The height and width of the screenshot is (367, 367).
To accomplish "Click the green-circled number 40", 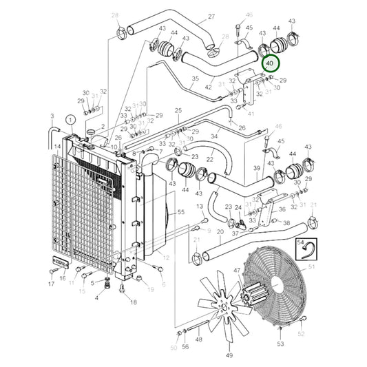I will [x=270, y=64].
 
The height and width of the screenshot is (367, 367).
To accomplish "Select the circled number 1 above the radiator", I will [x=70, y=119].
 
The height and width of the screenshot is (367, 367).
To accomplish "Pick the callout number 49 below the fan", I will [x=230, y=355].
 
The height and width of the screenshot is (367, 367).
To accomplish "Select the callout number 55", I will [x=180, y=213].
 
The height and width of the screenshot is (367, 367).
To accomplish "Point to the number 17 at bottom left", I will [x=51, y=284].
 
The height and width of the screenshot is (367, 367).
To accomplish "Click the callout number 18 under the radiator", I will [x=134, y=302].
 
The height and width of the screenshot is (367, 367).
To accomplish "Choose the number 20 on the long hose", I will [x=219, y=233].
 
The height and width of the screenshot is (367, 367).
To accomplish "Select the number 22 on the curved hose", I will [x=210, y=160].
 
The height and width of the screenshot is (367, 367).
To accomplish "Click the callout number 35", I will [x=195, y=78].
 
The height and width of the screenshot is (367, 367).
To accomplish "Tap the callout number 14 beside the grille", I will [x=58, y=146].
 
